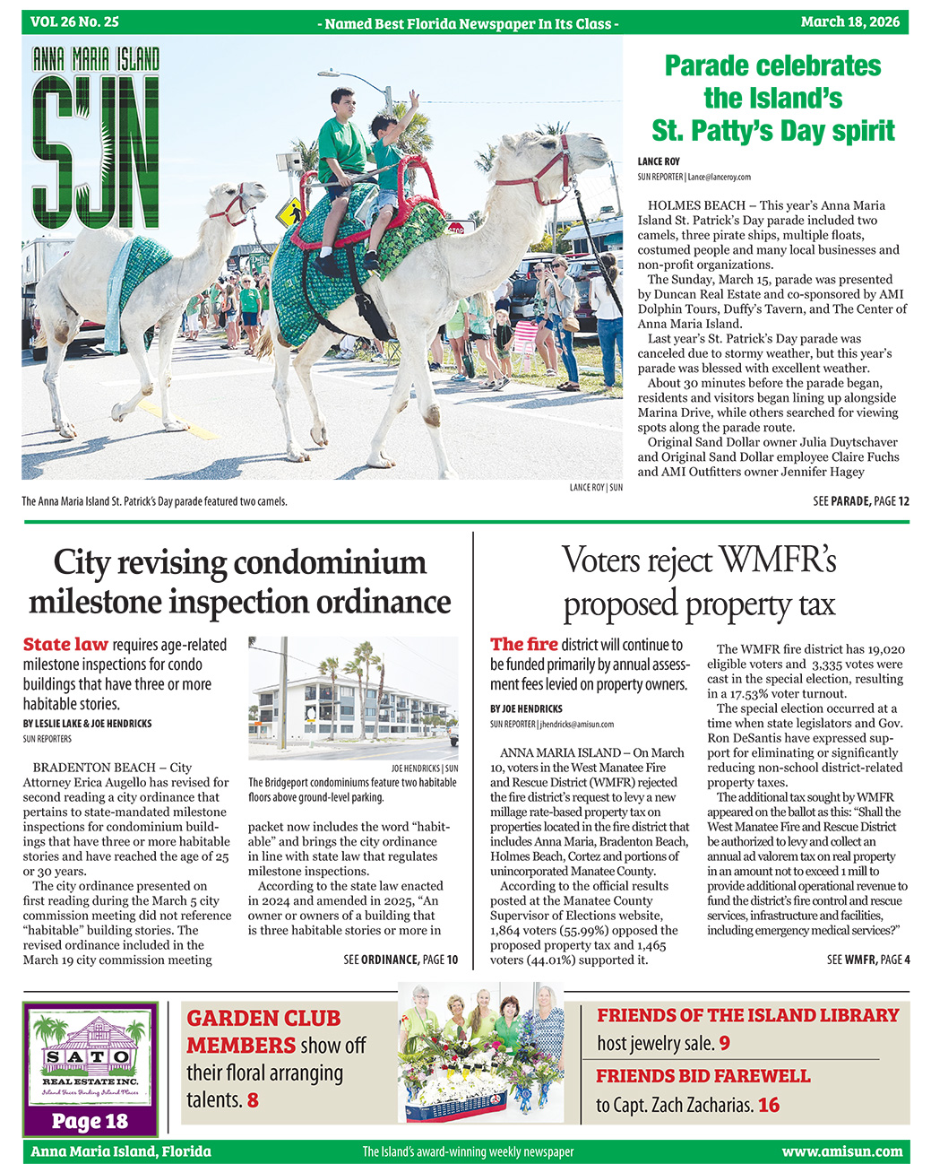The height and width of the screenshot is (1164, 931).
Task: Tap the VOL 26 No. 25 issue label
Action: pyautogui.click(x=74, y=22)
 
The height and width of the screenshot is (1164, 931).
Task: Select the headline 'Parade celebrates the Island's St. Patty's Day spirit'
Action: pyautogui.click(x=772, y=98)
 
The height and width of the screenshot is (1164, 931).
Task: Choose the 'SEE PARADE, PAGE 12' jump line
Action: pyautogui.click(x=860, y=501)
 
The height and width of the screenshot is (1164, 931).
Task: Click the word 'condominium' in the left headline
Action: pyautogui.click(x=330, y=562)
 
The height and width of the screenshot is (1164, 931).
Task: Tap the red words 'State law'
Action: pyautogui.click(x=65, y=645)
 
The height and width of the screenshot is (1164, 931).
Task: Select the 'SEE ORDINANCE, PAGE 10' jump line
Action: pyautogui.click(x=401, y=960)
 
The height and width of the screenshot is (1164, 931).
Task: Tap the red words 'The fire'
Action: pyautogui.click(x=523, y=645)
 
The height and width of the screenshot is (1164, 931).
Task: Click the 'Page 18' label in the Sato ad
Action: pyautogui.click(x=90, y=1121)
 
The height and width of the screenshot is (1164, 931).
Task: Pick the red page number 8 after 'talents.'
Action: pyautogui.click(x=253, y=1099)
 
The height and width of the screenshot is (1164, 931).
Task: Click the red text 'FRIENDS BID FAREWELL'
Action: pyautogui.click(x=703, y=1075)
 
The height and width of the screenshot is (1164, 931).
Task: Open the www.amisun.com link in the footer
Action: pyautogui.click(x=841, y=1151)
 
